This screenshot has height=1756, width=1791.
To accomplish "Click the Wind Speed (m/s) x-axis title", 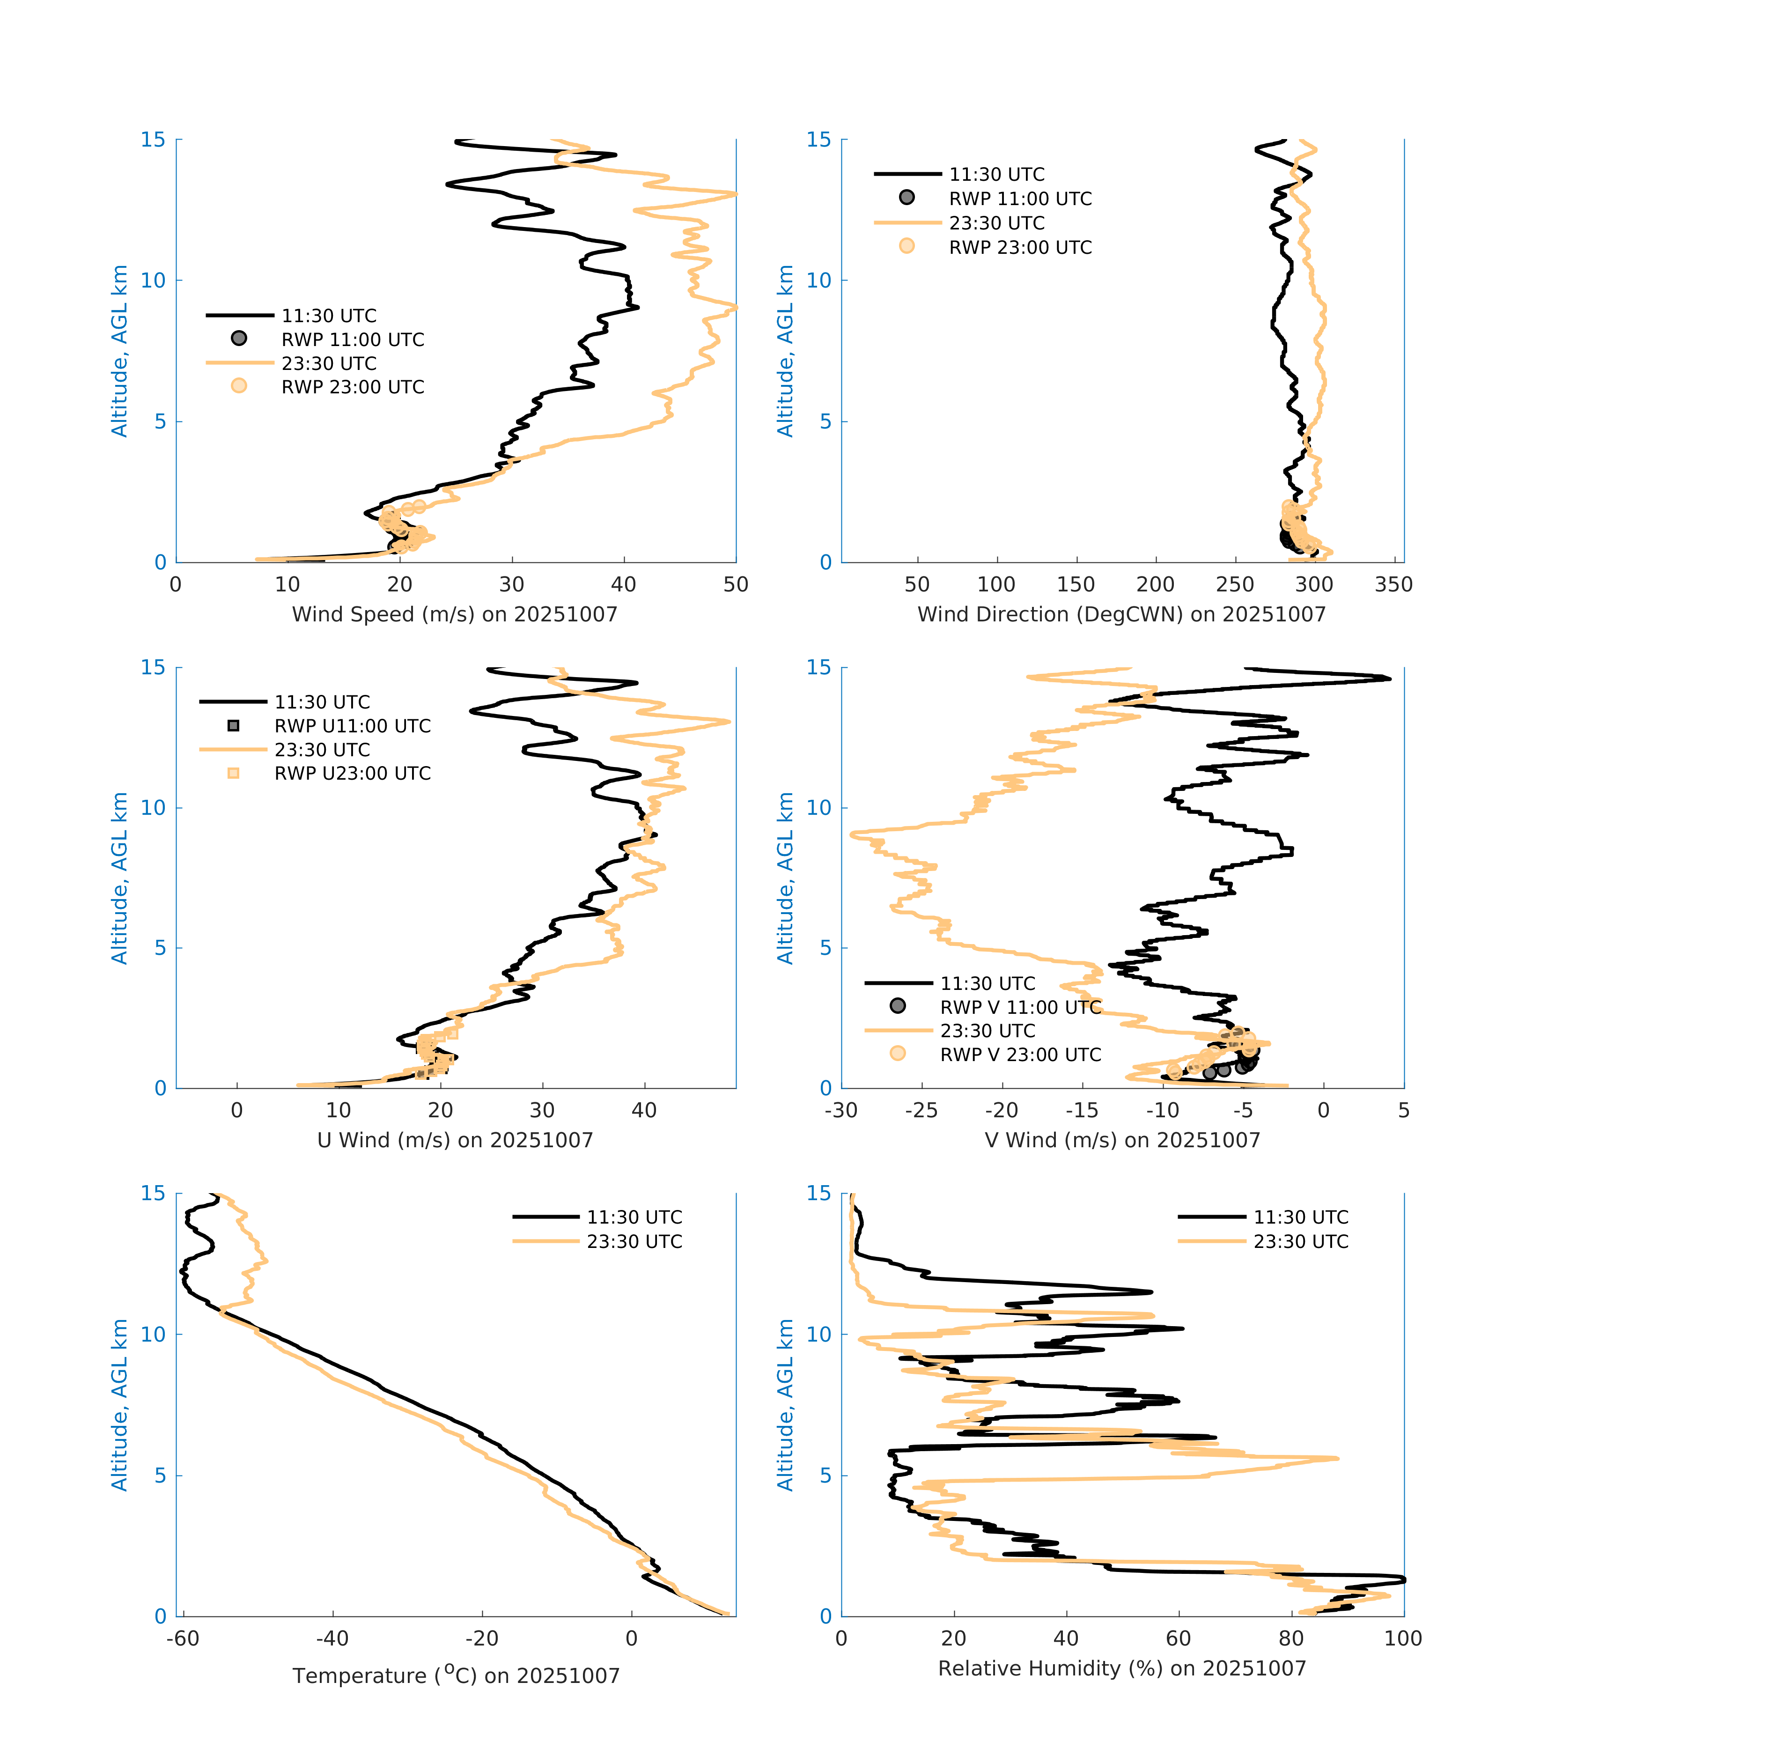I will pos(455,614).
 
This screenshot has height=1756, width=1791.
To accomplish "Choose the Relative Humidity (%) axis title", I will pos(1121,1668).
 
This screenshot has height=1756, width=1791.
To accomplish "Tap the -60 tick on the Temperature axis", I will pos(183,1639).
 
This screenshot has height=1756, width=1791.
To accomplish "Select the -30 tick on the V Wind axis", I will pos(841,1110).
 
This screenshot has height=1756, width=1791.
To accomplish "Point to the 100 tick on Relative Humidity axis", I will pos(1403,1639).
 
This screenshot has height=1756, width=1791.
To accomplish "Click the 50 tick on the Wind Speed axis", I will pos(735,585).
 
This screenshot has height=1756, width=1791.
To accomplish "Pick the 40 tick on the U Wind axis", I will pos(644,1110).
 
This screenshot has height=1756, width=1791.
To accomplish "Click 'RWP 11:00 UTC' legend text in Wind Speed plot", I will pos(352,339).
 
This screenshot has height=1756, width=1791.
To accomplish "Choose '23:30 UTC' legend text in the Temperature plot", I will pos(634,1241).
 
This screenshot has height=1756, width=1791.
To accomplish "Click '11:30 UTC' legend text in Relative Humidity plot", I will pos(1300,1217).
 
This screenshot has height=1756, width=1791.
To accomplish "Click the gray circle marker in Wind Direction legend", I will pos(907,197).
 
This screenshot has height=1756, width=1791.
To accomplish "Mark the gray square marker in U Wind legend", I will pos(233,726).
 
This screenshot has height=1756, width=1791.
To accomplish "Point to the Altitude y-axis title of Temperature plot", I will pos(119,1405).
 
